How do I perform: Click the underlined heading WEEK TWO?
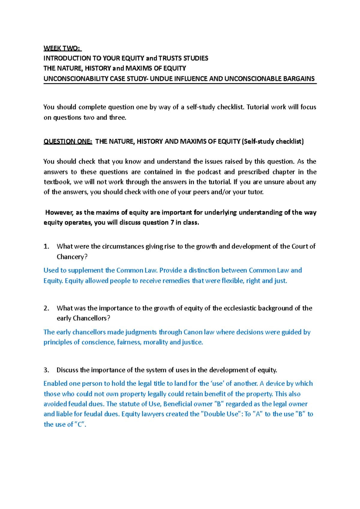click(62, 48)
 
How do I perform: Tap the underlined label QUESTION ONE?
click(68, 141)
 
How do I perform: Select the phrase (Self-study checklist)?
click(273, 141)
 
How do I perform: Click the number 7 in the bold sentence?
click(172, 222)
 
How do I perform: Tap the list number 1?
click(46, 246)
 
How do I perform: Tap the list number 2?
click(46, 308)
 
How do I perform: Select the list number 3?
click(46, 370)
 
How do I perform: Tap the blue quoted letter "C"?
click(80, 424)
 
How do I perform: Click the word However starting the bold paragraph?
click(59, 213)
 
